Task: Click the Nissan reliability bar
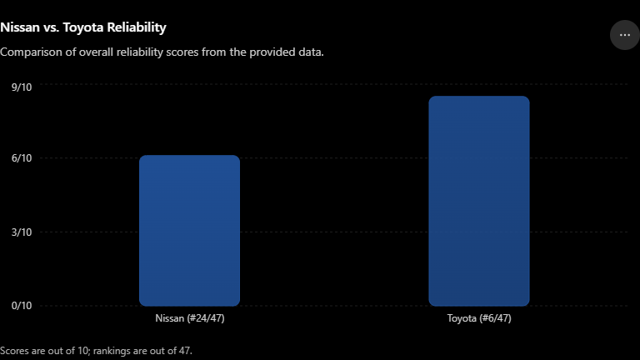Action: click(x=189, y=231)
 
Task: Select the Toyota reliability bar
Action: click(x=479, y=201)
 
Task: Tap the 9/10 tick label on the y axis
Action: click(x=22, y=87)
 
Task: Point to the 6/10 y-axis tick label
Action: click(x=22, y=158)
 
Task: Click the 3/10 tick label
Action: click(x=22, y=232)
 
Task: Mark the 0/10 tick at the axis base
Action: click(x=22, y=306)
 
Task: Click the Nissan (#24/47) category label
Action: click(x=190, y=318)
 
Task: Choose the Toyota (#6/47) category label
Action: click(x=479, y=318)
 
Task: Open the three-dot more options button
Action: click(x=624, y=35)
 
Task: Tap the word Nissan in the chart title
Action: click(x=20, y=27)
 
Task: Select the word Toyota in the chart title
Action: click(x=82, y=27)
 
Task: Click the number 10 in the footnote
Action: click(x=83, y=351)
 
